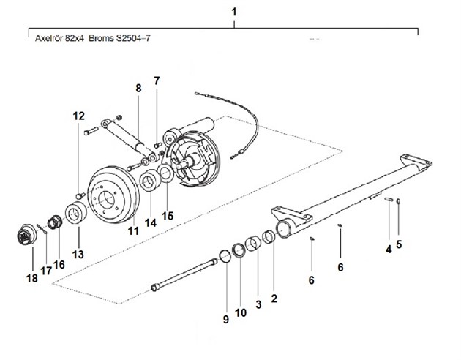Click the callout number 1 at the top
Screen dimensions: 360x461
click(233, 12)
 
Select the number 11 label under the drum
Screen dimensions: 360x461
click(133, 230)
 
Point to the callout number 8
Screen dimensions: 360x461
click(138, 89)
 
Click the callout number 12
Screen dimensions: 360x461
click(78, 116)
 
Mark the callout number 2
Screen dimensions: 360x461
click(274, 299)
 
